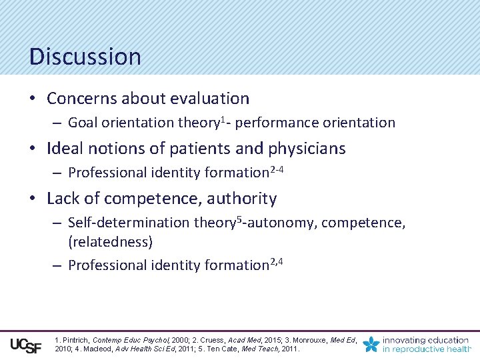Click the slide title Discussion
click(85, 57)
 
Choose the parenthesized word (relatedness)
click(111, 241)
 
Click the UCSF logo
click(26, 345)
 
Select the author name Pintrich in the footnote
click(75, 340)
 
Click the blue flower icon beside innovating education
click(371, 344)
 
